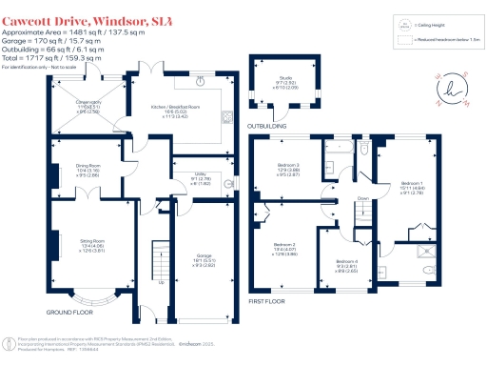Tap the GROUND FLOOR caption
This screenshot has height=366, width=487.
pyautogui.click(x=70, y=312)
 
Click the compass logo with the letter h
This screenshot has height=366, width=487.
pyautogui.click(x=447, y=89)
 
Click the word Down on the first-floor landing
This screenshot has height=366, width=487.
pyautogui.click(x=361, y=198)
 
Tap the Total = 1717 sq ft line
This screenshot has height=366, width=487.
pyautogui.click(x=51, y=58)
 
